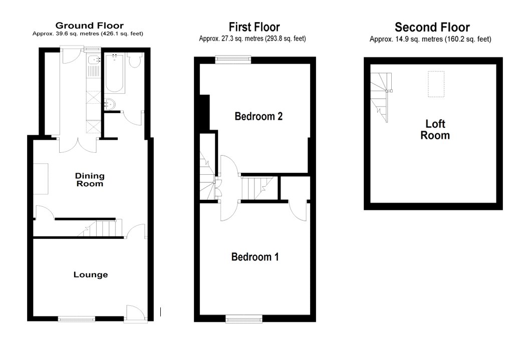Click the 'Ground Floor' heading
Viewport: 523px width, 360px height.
pos(89,26)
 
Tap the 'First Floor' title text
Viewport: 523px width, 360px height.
pos(254,27)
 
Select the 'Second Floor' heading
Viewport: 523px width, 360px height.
pos(432,27)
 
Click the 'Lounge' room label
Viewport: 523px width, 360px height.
pos(91,274)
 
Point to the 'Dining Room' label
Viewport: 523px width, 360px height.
pos(90,179)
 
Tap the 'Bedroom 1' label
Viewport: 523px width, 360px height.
pos(254,257)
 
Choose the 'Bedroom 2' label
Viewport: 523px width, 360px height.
pos(258,116)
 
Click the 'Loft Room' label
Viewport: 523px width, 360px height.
pos(434,129)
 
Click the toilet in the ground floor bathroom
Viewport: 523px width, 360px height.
pos(134,61)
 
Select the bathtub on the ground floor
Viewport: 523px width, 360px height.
pos(115,74)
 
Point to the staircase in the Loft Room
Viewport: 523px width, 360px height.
pos(381,97)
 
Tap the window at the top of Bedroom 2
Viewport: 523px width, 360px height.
pos(233,59)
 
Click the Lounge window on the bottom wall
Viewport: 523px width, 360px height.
pos(76,318)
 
